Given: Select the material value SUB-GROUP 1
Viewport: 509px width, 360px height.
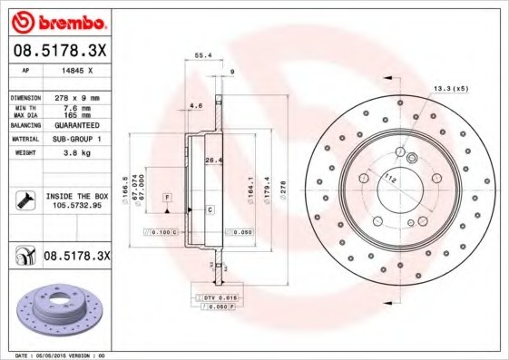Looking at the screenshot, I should [77, 140].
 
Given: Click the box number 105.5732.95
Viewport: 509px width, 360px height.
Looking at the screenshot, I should [75, 206].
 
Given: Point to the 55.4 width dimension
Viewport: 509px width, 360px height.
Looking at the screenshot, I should [203, 55].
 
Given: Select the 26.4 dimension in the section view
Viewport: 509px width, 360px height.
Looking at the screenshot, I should [212, 161].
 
